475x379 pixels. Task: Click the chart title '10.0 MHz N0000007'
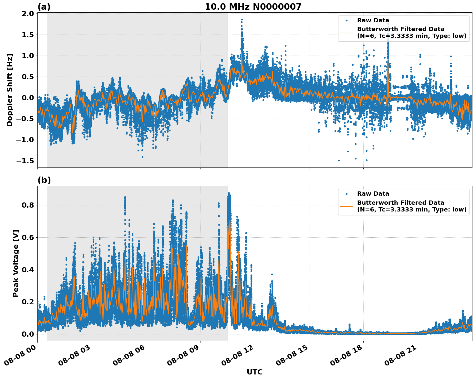coord(253,7)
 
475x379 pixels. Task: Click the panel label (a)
coord(44,7)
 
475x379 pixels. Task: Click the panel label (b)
coord(44,180)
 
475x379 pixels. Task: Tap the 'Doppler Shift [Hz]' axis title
coord(10,90)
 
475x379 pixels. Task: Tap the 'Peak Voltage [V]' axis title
coord(16,263)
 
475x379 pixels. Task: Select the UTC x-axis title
coord(254,372)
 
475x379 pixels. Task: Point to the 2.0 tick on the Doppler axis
coord(28,14)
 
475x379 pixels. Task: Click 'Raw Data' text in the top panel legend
coord(373,20)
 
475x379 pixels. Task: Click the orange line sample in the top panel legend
coord(346,33)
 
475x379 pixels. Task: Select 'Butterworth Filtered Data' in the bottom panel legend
coord(400,203)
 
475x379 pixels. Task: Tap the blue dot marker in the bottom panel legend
coord(346,194)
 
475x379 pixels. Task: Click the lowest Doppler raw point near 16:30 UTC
coord(339,160)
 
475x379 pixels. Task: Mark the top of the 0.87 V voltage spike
coord(229,193)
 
